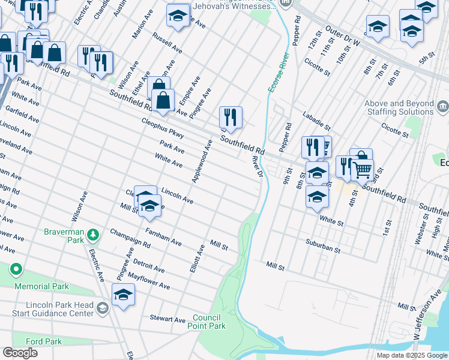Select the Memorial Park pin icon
[x=16, y=271]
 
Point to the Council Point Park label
[x=209, y=322]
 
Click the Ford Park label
[x=44, y=341]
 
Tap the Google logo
[x=20, y=353]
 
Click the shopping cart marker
[x=363, y=170]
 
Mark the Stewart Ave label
[x=167, y=320]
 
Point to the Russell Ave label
[x=167, y=43]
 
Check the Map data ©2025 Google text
[x=411, y=355]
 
